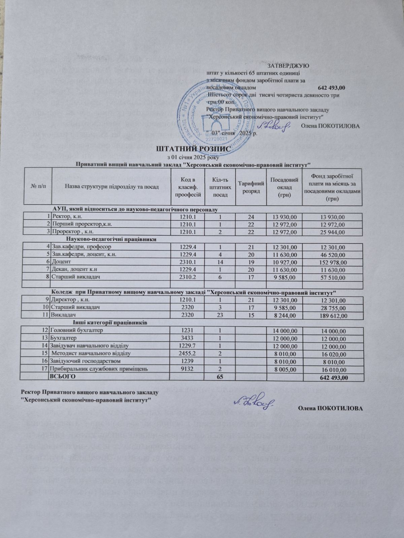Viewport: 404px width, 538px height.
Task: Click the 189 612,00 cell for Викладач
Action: pyautogui.click(x=332, y=315)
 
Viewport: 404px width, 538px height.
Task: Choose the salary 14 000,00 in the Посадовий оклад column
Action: pyautogui.click(x=282, y=331)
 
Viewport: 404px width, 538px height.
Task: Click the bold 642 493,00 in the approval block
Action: pyautogui.click(x=331, y=87)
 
